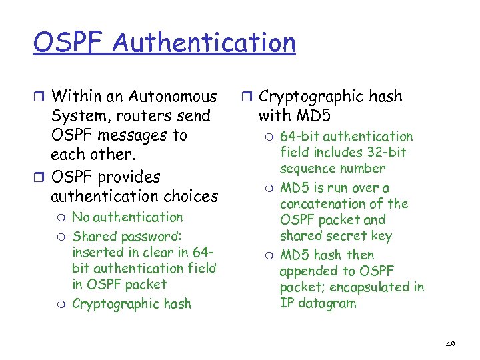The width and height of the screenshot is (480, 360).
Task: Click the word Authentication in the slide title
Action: click(204, 43)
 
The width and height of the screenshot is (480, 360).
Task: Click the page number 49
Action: click(450, 345)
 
